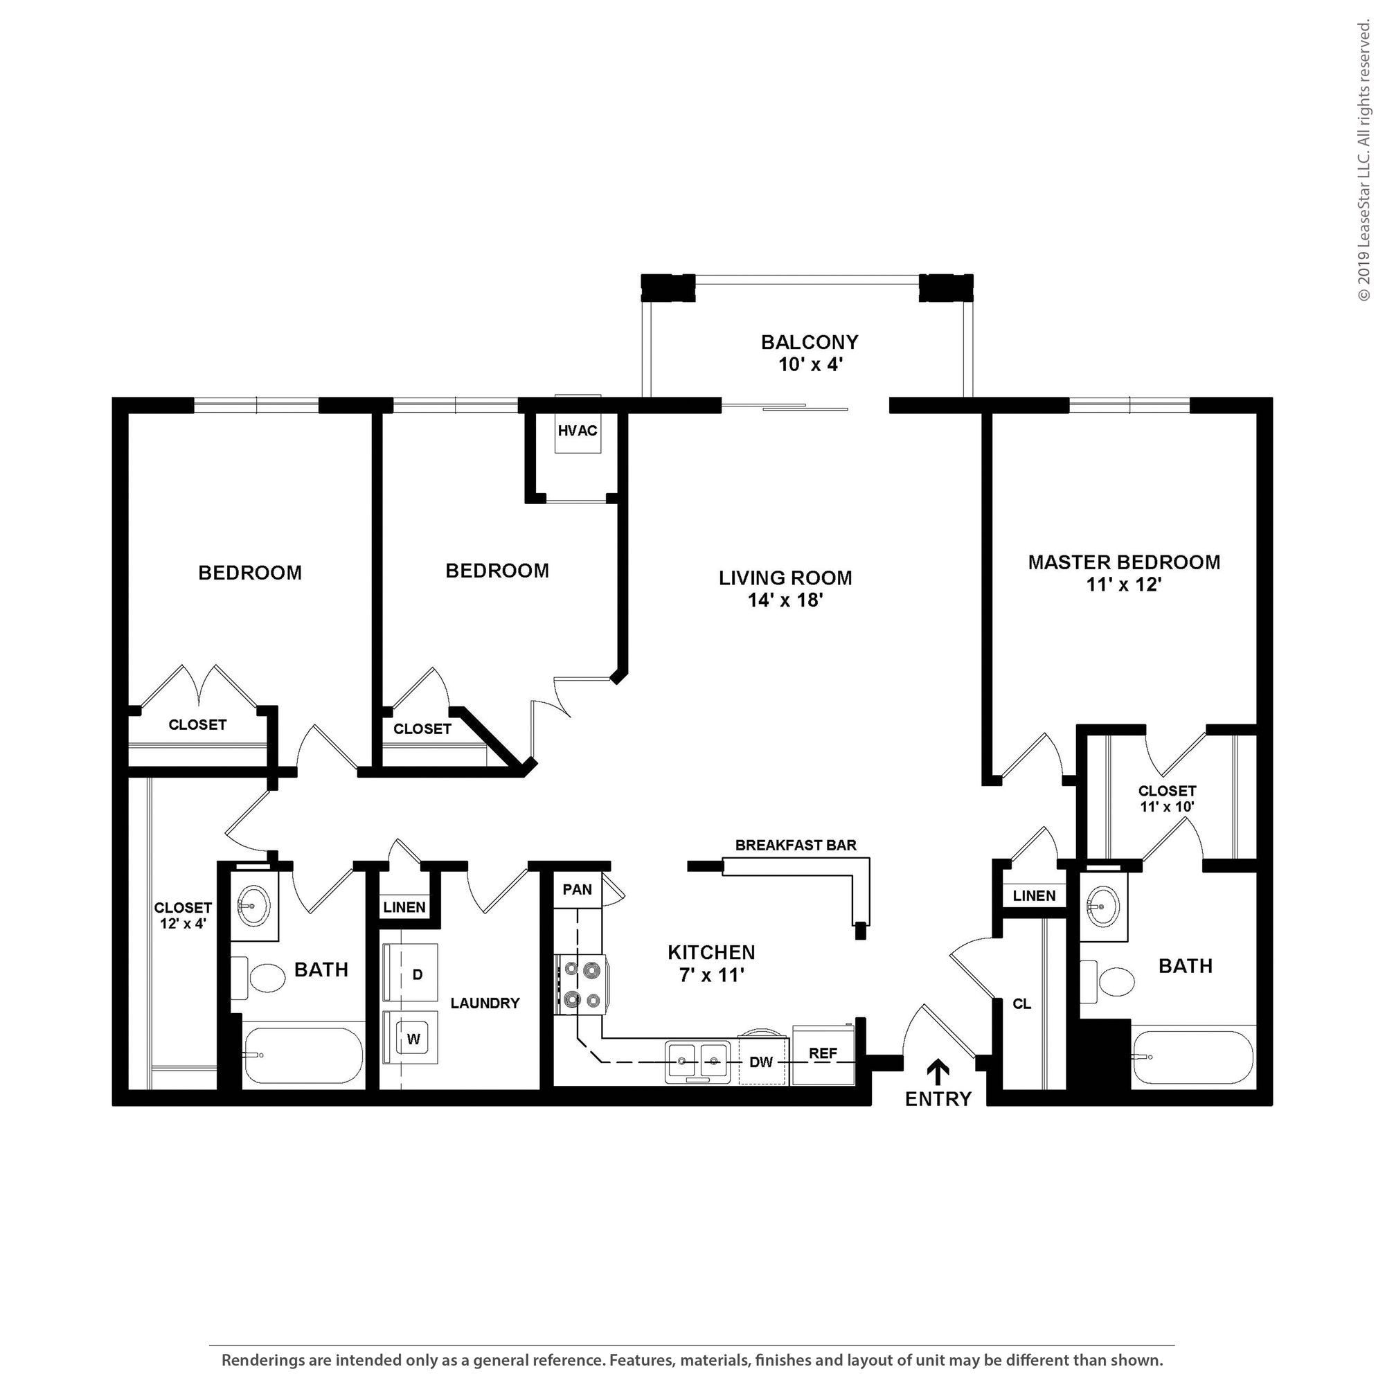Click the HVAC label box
[x=577, y=431]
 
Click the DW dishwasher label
[x=760, y=1062]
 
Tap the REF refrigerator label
[x=823, y=1053]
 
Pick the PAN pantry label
[x=577, y=890]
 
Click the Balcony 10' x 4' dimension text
[x=810, y=365]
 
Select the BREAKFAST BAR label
[x=796, y=845]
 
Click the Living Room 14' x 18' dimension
[x=785, y=600]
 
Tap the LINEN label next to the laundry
[x=404, y=907]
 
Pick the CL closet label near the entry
[x=1021, y=1003]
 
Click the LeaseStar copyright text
[x=1364, y=161]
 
